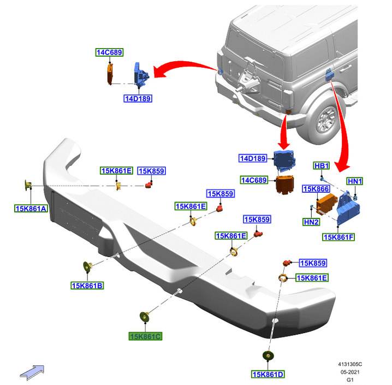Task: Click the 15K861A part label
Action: coord(31,208)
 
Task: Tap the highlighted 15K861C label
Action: coord(145,336)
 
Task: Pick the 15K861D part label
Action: coord(268,374)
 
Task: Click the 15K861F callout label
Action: coord(338,236)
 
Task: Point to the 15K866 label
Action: coord(316,189)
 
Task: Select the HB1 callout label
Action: coord(321,165)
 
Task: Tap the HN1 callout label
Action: coord(355,181)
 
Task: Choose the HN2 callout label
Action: coord(311,222)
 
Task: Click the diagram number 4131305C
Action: coord(349,363)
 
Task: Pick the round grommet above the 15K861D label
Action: coord(268,356)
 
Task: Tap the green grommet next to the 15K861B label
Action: coord(86,266)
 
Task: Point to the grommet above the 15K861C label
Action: coord(145,316)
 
